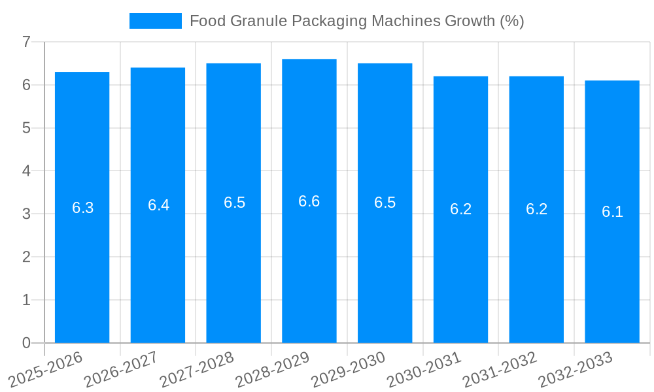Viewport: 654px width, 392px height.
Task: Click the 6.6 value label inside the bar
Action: (309, 201)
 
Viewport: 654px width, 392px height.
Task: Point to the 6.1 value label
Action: (612, 212)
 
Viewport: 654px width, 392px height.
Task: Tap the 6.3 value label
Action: (82, 208)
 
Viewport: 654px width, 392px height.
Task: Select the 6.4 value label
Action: (158, 205)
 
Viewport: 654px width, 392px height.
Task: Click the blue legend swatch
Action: (156, 21)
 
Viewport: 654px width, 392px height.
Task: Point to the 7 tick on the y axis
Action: (26, 42)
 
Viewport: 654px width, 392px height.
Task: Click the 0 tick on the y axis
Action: (26, 343)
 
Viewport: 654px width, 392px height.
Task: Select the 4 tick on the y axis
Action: (26, 171)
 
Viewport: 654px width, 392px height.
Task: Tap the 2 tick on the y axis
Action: (26, 257)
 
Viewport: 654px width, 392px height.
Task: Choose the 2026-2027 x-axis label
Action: (122, 368)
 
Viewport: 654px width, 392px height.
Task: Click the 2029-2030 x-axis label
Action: (349, 368)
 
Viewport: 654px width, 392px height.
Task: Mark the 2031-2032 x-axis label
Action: (500, 368)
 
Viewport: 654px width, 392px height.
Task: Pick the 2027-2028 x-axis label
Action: (198, 368)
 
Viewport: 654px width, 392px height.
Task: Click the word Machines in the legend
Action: (407, 21)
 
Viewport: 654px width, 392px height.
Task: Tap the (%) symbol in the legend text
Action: (512, 21)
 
